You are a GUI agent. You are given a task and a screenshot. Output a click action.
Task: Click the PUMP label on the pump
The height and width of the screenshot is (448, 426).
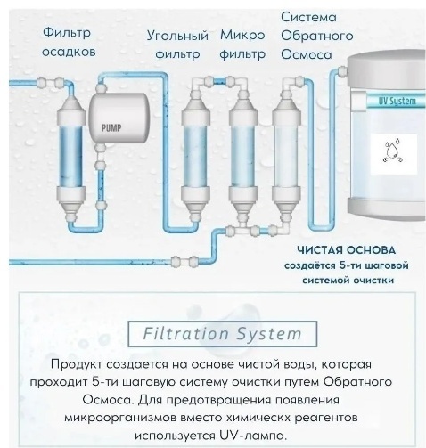click(111, 128)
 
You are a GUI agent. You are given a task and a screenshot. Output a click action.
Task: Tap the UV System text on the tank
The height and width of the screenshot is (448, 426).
click(397, 101)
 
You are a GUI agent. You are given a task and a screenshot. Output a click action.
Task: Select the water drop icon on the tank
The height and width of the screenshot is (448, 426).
click(393, 151)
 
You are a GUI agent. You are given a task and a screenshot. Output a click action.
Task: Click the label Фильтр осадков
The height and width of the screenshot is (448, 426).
click(68, 42)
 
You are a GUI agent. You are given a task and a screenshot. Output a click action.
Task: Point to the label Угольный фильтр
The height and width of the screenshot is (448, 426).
click(177, 45)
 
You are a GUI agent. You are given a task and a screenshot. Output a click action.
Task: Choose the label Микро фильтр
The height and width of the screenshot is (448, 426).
click(242, 45)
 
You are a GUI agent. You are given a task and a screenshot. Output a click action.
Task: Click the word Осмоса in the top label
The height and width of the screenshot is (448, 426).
click(307, 54)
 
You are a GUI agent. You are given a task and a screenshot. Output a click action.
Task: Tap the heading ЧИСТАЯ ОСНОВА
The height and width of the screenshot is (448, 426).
click(347, 250)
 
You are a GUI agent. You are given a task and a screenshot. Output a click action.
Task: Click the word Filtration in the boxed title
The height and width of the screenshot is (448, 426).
click(185, 333)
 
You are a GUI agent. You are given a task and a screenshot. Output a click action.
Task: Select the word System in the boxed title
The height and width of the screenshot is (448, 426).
click(269, 334)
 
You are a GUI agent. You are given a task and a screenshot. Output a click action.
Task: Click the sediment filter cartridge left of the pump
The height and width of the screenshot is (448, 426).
click(71, 158)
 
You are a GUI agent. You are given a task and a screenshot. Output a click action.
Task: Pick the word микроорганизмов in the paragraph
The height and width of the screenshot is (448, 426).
click(120, 418)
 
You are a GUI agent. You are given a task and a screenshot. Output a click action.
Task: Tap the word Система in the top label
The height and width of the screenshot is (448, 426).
click(308, 17)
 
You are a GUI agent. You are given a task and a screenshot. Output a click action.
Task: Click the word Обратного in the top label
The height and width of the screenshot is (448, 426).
click(317, 36)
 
